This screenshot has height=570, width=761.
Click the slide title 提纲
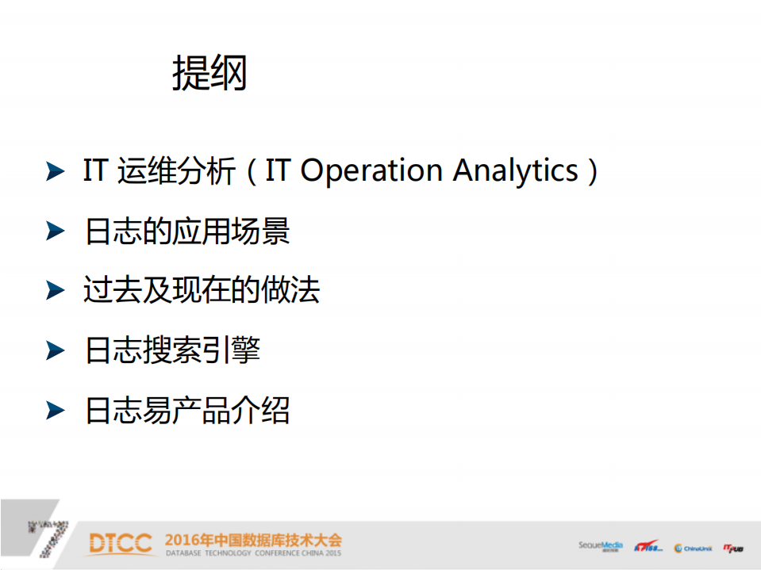[209, 74]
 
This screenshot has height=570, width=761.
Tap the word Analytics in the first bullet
[516, 171]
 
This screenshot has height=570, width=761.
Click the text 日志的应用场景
[187, 231]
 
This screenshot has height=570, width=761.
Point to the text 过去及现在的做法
[202, 290]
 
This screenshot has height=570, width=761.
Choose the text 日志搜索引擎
[172, 350]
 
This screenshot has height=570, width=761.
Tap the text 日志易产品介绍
[187, 410]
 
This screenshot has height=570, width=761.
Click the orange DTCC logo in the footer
[120, 544]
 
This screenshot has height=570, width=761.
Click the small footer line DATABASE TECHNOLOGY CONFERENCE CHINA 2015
[253, 553]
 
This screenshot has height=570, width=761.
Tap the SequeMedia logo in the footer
[600, 545]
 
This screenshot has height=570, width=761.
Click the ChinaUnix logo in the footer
[693, 548]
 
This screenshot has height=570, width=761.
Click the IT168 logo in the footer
[648, 547]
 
